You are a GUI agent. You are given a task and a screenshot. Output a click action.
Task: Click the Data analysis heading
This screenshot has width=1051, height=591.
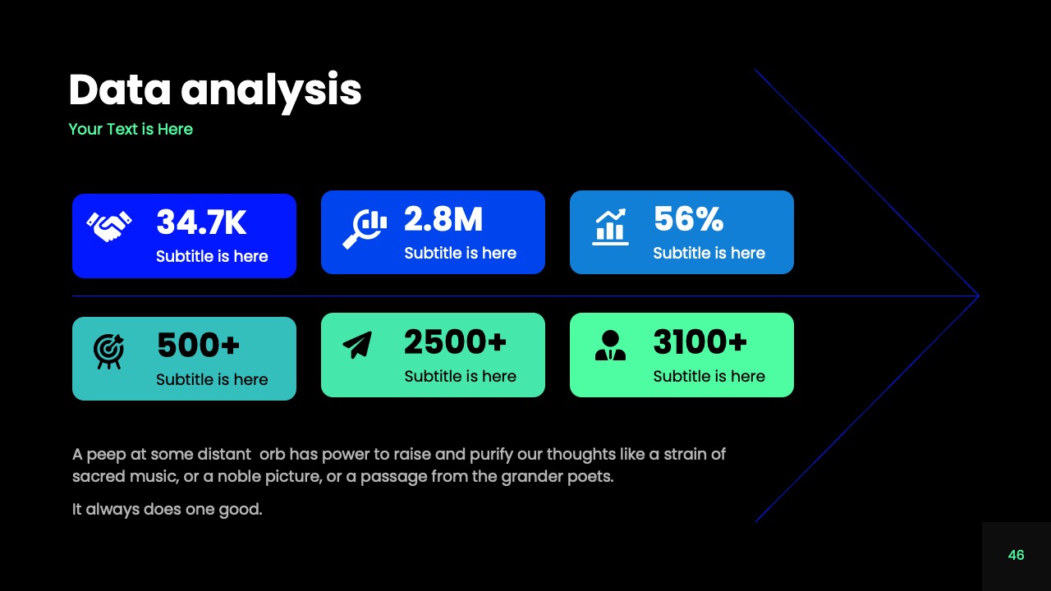coord(214,89)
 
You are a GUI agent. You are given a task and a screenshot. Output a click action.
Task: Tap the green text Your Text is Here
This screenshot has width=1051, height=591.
coord(131,129)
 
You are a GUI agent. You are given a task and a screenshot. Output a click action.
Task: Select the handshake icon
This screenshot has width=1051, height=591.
coord(109,227)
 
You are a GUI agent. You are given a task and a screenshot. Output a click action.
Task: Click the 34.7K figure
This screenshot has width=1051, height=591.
coord(201,222)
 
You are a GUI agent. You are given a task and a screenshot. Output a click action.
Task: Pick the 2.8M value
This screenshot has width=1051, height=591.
coord(443,219)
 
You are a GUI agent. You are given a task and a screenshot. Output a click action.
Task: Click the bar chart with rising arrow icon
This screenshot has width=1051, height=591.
coord(610,227)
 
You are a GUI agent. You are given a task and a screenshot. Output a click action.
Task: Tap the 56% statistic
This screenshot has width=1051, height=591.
coord(688,219)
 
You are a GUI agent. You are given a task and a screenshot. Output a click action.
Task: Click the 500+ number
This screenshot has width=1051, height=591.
coord(198,346)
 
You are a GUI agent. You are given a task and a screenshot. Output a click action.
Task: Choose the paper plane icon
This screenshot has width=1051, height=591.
coord(357,345)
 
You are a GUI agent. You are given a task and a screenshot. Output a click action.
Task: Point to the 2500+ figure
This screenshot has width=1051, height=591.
coord(455,342)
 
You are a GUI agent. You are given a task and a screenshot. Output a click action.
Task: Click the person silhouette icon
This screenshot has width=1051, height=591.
coord(610,346)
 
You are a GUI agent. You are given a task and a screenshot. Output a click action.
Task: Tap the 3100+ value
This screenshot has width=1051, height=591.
coord(700,342)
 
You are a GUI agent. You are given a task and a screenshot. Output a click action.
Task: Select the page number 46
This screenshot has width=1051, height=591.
coord(1016,555)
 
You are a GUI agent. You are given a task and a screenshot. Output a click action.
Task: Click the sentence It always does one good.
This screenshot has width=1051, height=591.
coord(168,509)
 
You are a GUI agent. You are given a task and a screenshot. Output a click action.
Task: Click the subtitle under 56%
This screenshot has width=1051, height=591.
coord(709,253)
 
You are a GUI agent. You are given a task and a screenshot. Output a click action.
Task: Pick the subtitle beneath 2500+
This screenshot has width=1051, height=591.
coord(460,376)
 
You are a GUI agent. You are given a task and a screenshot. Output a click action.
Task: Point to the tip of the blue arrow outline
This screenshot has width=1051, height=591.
coord(977,295)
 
